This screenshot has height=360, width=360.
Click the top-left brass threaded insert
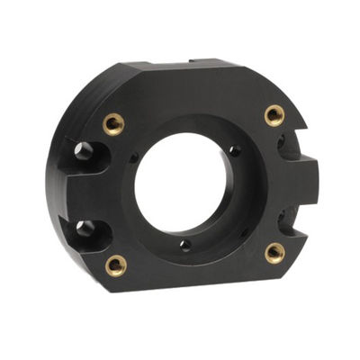click(113, 123)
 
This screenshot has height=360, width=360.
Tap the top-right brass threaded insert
click(274, 114)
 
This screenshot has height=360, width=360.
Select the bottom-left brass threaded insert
click(116, 265)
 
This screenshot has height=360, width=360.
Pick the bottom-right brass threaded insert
click(275, 253)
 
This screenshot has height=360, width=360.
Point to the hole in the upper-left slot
click(85, 150)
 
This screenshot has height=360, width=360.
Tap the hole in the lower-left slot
click(85, 229)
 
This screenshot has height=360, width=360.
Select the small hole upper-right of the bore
click(235, 150)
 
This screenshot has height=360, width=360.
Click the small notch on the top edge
click(194, 61)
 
